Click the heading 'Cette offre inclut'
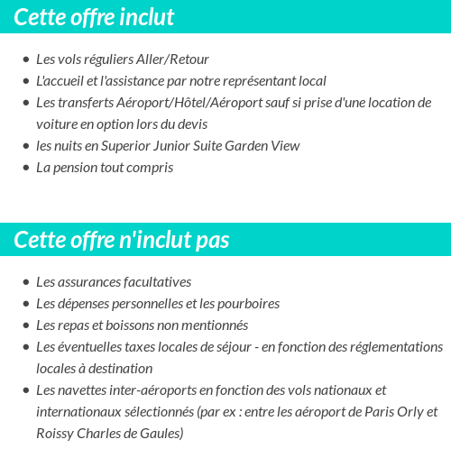(95, 17)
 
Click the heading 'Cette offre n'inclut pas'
(122, 240)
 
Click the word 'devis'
(191, 124)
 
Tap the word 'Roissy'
(56, 434)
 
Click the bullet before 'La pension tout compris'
(25, 169)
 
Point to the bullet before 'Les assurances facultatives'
(25, 283)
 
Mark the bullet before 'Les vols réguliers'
(25, 60)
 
